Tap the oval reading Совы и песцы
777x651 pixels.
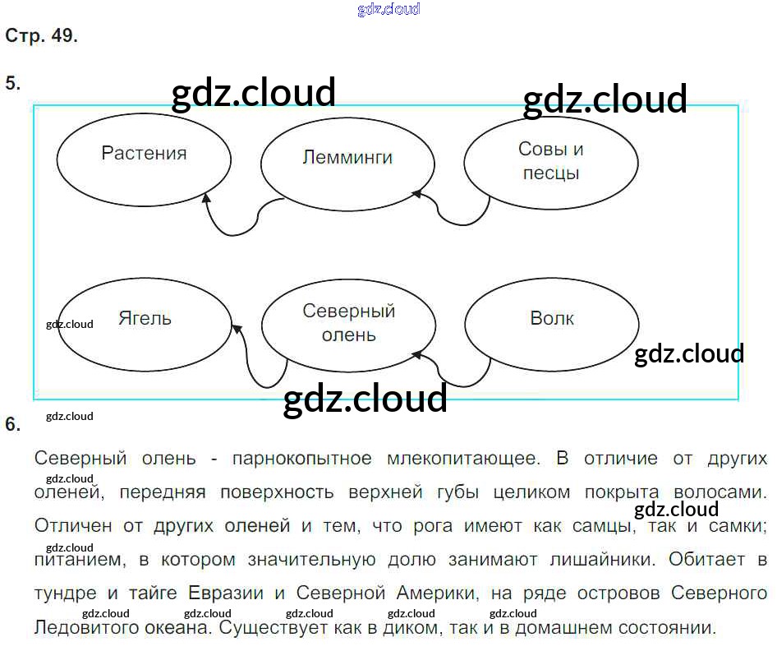click(550, 162)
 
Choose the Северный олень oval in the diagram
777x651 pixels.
click(348, 324)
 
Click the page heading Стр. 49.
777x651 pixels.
click(41, 36)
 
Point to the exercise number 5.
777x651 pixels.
click(12, 83)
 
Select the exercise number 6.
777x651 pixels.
click(12, 424)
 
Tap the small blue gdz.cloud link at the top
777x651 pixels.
click(388, 10)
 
